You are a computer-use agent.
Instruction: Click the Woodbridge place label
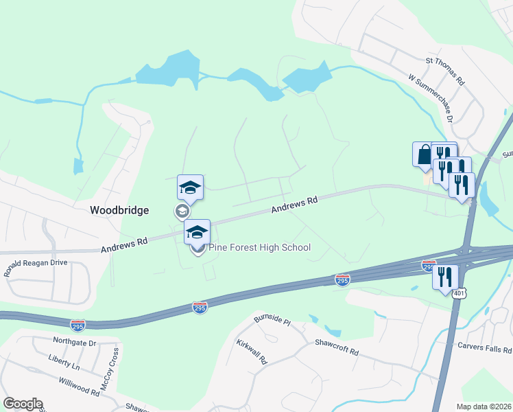(x=119, y=211)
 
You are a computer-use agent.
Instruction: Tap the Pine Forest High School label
(x=260, y=248)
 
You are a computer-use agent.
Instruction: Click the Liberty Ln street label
(x=64, y=358)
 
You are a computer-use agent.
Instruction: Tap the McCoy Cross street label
(x=110, y=369)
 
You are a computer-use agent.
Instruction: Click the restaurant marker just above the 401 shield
(x=446, y=276)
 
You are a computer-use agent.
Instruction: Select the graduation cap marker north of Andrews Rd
(x=190, y=187)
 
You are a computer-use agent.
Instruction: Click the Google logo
(x=23, y=404)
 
